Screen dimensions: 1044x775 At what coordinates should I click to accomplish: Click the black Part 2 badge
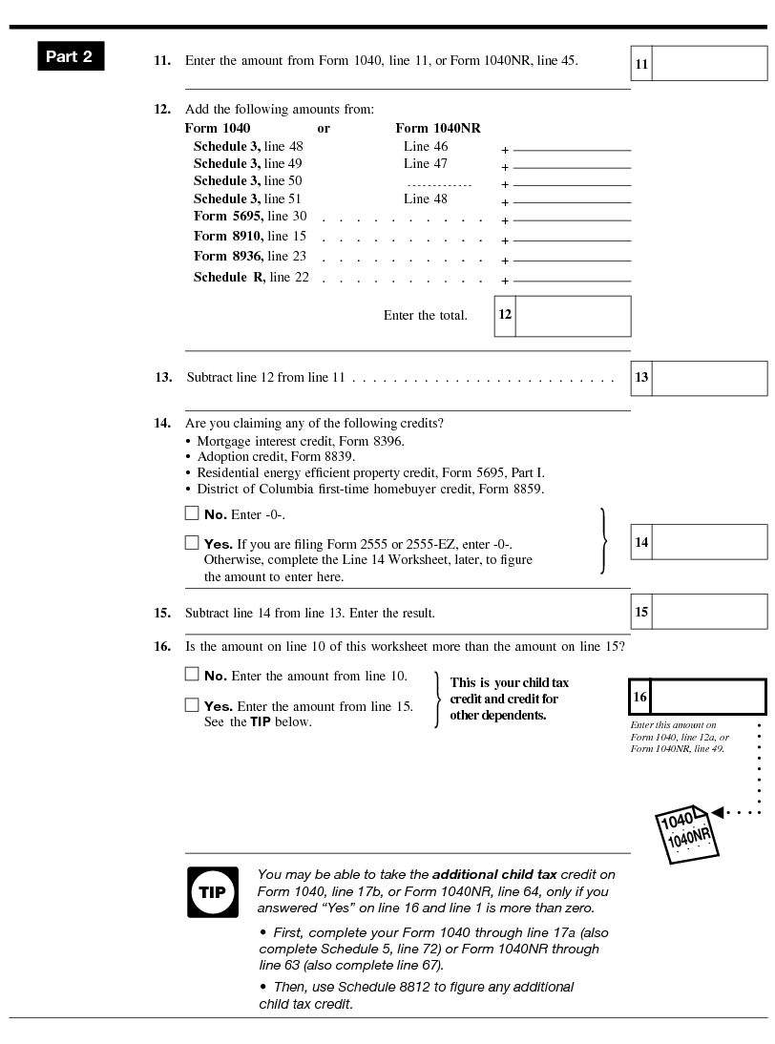coord(70,56)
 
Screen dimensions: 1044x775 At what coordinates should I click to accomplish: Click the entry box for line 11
coord(709,64)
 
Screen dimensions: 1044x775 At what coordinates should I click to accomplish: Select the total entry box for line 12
coord(573,316)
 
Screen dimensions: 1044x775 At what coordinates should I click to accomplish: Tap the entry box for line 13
coord(709,378)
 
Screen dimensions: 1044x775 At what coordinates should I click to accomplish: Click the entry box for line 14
coord(709,542)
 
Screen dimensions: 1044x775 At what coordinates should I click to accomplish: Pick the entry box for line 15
coord(709,612)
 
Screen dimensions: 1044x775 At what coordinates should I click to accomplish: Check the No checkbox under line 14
coord(192,513)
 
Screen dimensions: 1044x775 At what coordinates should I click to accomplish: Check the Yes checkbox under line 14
coord(192,543)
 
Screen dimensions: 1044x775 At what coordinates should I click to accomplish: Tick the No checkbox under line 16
coord(192,675)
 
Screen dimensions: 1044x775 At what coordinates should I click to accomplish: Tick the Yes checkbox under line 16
coord(192,705)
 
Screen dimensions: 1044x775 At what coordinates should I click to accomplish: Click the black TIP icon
coord(212,892)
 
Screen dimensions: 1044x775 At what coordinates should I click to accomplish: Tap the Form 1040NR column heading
coord(437,128)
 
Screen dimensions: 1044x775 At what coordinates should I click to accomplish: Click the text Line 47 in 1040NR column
coord(425,163)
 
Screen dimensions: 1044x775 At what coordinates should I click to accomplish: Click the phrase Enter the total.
coord(425,316)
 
